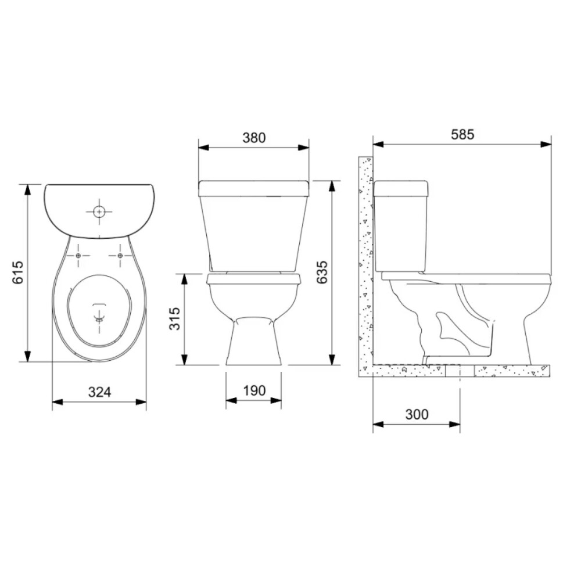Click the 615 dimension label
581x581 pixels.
tap(18, 272)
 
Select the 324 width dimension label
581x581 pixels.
tap(100, 392)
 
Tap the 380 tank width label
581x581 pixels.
tap(254, 138)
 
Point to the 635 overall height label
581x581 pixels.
tap(322, 272)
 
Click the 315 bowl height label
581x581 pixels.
tap(174, 318)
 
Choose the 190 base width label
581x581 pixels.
tap(254, 390)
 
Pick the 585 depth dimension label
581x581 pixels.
tap(462, 134)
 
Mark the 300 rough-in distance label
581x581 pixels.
tap(417, 414)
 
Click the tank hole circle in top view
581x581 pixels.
tap(99, 212)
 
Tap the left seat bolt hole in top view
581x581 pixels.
tap(78, 256)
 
